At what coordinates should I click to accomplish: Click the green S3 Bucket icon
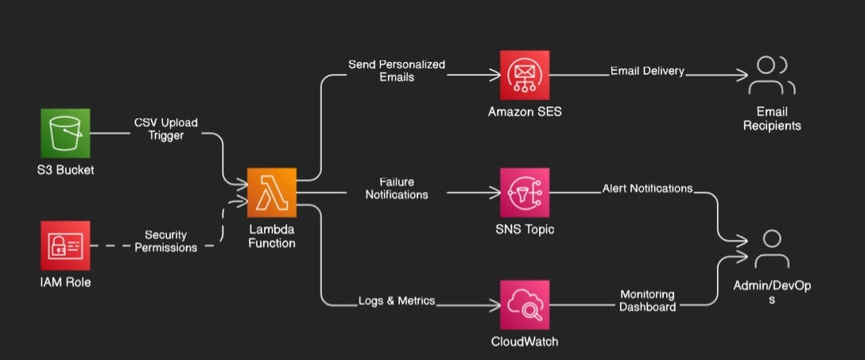click(x=65, y=133)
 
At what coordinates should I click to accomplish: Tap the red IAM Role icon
click(x=65, y=245)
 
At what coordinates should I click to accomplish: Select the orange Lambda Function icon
click(x=271, y=192)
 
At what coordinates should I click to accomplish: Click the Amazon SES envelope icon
click(x=524, y=75)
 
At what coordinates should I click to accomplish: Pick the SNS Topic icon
click(x=524, y=192)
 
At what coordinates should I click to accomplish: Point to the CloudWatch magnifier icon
click(x=524, y=304)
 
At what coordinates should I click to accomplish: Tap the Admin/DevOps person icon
click(x=771, y=249)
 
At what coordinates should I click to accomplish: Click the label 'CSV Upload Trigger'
click(x=165, y=129)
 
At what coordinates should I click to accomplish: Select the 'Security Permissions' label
click(x=165, y=241)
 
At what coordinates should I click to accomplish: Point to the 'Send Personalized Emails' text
click(x=397, y=70)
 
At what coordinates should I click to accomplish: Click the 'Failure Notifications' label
click(x=397, y=188)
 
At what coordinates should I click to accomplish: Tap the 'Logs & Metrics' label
click(x=397, y=300)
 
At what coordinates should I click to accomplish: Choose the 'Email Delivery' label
click(x=647, y=71)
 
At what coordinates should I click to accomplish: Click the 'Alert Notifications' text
click(x=647, y=188)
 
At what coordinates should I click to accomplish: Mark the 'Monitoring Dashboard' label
click(x=647, y=300)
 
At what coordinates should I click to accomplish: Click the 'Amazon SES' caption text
click(x=524, y=112)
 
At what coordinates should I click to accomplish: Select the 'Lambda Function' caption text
click(x=271, y=236)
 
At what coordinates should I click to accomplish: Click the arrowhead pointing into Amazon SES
click(x=494, y=75)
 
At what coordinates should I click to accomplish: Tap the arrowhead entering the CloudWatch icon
click(x=494, y=305)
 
